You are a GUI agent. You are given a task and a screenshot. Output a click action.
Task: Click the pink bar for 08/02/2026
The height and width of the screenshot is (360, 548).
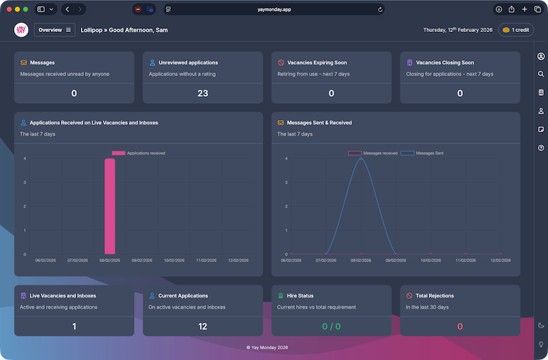pyautogui.click(x=109, y=206)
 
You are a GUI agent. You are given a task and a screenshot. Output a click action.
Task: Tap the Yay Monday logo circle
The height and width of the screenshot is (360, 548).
pyautogui.click(x=21, y=30)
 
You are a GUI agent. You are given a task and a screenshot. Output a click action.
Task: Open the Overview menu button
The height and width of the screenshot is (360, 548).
pyautogui.click(x=55, y=30)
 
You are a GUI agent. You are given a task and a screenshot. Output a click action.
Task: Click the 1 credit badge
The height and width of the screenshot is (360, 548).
pyautogui.click(x=516, y=30)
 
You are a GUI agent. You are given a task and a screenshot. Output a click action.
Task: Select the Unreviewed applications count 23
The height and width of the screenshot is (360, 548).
pyautogui.click(x=203, y=93)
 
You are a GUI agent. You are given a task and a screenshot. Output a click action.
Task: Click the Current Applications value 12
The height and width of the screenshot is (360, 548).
pyautogui.click(x=203, y=327)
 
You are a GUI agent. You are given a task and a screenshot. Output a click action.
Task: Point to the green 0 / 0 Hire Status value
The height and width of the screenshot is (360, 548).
pyautogui.click(x=331, y=327)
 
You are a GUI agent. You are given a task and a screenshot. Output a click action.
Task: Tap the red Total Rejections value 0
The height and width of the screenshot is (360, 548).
pyautogui.click(x=460, y=327)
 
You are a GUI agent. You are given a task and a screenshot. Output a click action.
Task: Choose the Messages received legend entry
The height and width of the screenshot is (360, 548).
pyautogui.click(x=373, y=153)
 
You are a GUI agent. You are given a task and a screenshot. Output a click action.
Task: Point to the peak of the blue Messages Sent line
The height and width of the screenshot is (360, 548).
pyautogui.click(x=361, y=158)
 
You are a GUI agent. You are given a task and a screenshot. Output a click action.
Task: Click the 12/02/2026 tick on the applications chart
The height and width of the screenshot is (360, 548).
pyautogui.click(x=238, y=261)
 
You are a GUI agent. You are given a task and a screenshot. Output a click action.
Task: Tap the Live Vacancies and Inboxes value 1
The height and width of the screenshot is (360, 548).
pyautogui.click(x=74, y=327)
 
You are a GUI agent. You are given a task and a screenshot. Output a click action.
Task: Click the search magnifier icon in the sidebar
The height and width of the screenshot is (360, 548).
pyautogui.click(x=541, y=74)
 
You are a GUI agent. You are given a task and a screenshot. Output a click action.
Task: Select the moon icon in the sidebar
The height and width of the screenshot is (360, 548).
pyautogui.click(x=541, y=325)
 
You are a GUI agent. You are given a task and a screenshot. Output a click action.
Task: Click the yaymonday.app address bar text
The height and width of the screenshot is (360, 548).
pyautogui.click(x=274, y=9)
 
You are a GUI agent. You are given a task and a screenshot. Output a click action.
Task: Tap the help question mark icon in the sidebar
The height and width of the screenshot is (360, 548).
pyautogui.click(x=541, y=148)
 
